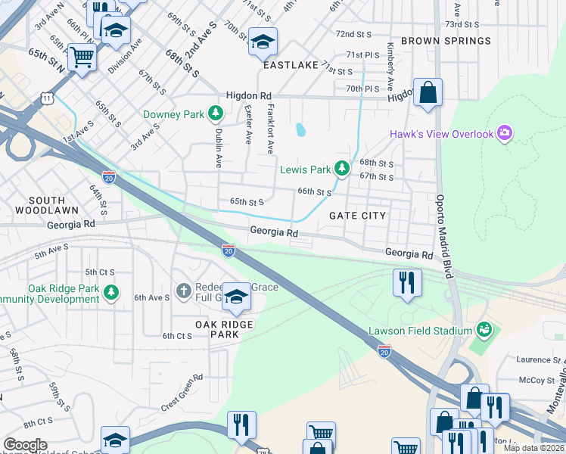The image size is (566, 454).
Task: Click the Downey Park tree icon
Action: coord(216,114)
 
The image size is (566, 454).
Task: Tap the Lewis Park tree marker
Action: coord(342,168)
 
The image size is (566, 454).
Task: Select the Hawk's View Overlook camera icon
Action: coord(505,134)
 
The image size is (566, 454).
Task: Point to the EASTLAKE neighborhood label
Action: coord(291,66)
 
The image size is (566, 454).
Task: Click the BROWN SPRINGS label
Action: coord(446,40)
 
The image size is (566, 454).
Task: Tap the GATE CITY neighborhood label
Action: coord(357,216)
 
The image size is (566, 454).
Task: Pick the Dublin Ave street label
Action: coord(218,150)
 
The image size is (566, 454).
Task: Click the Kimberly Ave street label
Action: coord(390,72)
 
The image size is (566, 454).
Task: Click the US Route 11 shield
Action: coord(48,98)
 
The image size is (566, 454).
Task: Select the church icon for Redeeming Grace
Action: coord(182,291)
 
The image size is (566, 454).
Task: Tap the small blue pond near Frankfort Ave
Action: coord(301,130)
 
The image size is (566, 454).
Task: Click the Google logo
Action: coord(25,445)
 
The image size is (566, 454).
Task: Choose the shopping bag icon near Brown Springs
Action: coord(428,93)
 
